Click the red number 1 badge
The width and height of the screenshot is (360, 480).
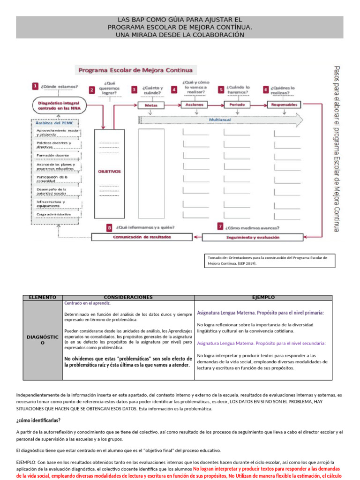(35, 86)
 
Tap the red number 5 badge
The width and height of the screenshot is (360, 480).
(221, 89)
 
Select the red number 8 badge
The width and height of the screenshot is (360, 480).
(109, 227)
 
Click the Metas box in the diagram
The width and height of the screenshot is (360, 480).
(151, 105)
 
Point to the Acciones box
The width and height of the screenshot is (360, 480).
(194, 105)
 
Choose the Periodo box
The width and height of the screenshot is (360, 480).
(237, 105)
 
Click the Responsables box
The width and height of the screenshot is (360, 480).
(284, 105)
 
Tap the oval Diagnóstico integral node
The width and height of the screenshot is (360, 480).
(57, 105)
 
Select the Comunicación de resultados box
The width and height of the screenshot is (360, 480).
(142, 237)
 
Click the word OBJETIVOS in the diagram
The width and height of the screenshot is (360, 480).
(109, 172)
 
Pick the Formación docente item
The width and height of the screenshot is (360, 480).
(52, 155)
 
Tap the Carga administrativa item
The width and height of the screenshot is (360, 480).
(53, 214)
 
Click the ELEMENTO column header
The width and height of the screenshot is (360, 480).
(42, 297)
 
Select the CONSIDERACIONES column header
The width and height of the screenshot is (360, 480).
(128, 297)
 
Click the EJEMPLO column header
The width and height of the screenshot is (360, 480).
(263, 297)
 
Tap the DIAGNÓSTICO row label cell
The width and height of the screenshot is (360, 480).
(42, 340)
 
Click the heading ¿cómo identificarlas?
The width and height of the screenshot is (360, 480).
(38, 420)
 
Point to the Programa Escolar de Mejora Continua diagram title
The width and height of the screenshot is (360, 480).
(135, 71)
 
